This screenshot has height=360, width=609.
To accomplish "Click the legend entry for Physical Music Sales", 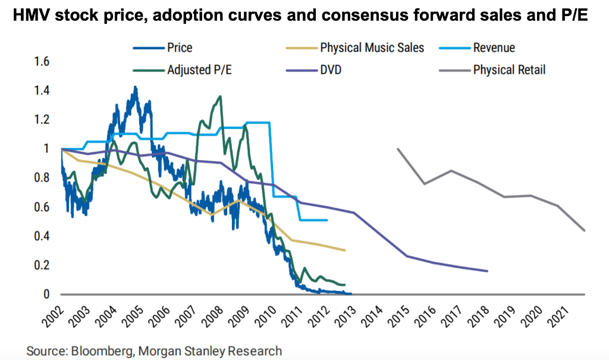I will click(x=372, y=48).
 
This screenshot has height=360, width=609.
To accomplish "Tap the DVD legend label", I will click(x=331, y=70).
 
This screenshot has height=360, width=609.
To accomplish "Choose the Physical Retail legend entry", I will click(x=509, y=70).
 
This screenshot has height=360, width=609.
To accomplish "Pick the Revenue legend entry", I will click(x=494, y=48).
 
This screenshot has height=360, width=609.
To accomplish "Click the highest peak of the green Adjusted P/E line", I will click(x=220, y=96).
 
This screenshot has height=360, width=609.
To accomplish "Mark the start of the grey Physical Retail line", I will click(x=397, y=149).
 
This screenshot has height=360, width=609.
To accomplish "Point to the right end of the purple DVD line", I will click(x=488, y=271).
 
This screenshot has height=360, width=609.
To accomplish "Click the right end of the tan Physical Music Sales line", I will click(x=345, y=251).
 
